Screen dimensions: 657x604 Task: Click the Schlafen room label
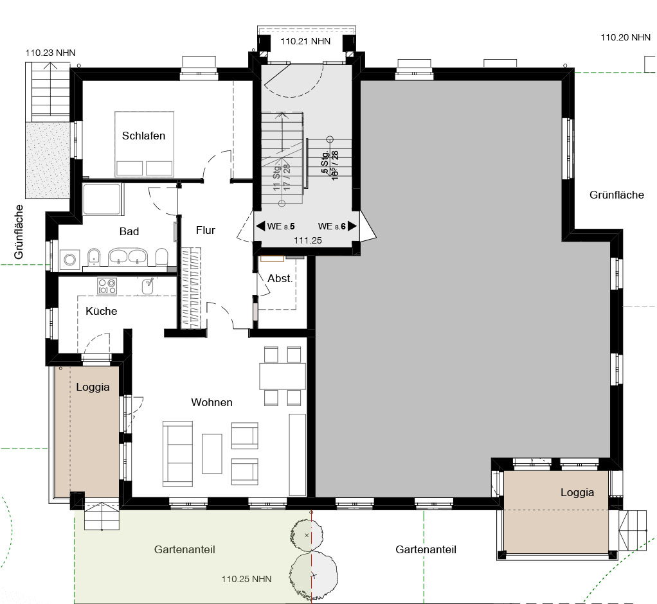point(143,136)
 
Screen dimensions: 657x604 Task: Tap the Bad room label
point(129,231)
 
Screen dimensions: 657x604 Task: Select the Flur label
point(205,231)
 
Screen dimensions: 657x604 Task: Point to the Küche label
point(101,311)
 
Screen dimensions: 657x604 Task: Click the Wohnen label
point(212,402)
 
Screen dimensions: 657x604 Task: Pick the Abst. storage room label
point(280,278)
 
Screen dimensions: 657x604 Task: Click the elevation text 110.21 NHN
point(305,41)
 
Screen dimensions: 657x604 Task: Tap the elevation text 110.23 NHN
point(50,53)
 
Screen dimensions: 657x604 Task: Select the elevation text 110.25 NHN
point(246,579)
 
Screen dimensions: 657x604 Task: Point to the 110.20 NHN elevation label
point(625,37)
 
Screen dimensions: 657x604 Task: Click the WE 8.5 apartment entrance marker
point(276,226)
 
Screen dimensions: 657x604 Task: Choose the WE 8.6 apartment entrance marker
point(337,226)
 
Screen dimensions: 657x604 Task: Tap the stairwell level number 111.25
point(308,240)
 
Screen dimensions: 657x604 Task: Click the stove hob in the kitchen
point(107,286)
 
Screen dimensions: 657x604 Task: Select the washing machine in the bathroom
point(69,260)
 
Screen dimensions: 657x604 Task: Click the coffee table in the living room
point(212,454)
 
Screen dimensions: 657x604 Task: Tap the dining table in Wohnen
point(282,377)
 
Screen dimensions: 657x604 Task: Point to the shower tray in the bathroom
point(102,199)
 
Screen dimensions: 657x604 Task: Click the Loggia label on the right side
point(577,493)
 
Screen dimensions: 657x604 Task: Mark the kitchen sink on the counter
point(147,286)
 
